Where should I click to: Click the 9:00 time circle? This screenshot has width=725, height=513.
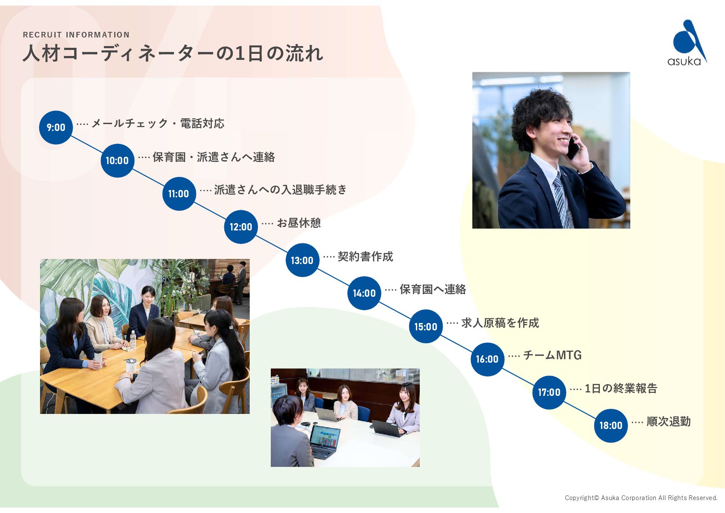pyautogui.click(x=56, y=127)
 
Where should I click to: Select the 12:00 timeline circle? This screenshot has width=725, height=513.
pyautogui.click(x=241, y=227)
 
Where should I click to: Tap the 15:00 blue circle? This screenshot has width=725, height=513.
pyautogui.click(x=425, y=326)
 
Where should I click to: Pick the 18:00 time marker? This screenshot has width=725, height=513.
pyautogui.click(x=610, y=426)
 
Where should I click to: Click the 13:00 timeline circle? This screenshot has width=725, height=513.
pyautogui.click(x=302, y=260)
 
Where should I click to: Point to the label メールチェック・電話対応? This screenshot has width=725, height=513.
pyautogui.click(x=158, y=124)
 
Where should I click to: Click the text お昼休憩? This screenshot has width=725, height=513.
pyautogui.click(x=299, y=223)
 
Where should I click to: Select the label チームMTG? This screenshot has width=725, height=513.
pyautogui.click(x=552, y=355)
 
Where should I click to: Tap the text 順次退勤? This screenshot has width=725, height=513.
pyautogui.click(x=668, y=422)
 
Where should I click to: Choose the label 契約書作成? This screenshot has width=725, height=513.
pyautogui.click(x=365, y=257)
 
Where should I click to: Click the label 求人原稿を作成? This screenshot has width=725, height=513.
pyautogui.click(x=500, y=323)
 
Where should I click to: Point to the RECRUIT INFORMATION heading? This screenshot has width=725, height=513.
pyautogui.click(x=76, y=35)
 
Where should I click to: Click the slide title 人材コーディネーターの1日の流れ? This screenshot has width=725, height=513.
pyautogui.click(x=173, y=54)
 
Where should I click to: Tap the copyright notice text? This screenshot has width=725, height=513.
pyautogui.click(x=641, y=498)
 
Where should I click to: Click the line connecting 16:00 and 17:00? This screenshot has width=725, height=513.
pyautogui.click(x=518, y=376)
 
